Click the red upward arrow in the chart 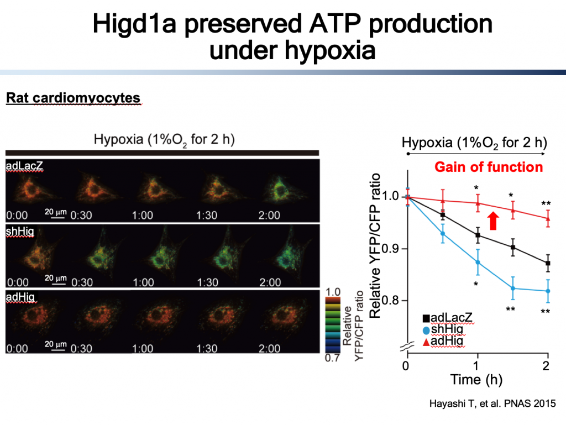[493, 221]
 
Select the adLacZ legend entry [447, 317]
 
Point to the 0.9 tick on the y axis [391, 249]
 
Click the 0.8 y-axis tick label [391, 300]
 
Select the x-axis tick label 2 [546, 366]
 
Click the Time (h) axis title [476, 380]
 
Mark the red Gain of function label [489, 167]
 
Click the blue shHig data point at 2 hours [548, 291]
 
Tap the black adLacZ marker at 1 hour [478, 235]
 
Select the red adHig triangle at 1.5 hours [512, 211]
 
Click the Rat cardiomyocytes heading [73, 98]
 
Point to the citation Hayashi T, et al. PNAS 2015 [492, 403]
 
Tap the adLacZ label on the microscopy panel [24, 166]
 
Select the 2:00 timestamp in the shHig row [270, 282]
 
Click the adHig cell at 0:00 [35, 318]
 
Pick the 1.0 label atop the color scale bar [333, 292]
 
